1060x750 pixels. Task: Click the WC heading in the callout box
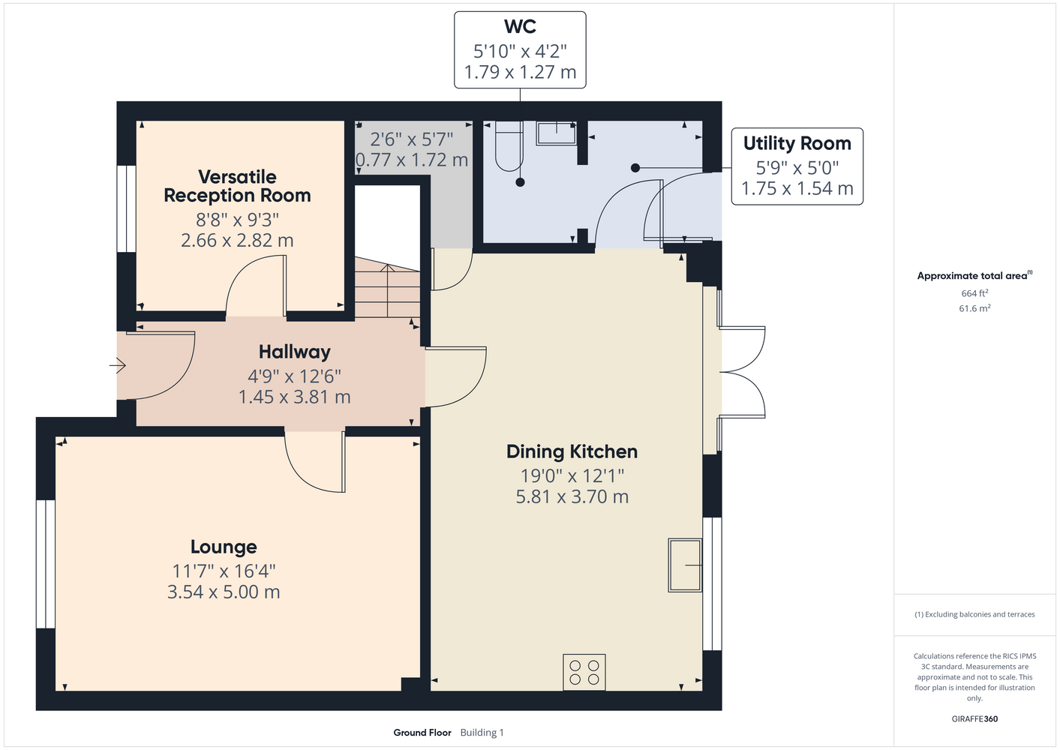520,26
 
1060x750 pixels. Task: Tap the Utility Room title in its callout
797,143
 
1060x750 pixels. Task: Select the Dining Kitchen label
572,451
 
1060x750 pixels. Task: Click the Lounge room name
224,547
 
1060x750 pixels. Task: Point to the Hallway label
294,352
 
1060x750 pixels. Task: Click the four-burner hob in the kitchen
584,672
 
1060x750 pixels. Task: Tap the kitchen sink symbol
685,565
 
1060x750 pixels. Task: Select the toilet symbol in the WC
509,145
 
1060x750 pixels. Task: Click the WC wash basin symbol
556,133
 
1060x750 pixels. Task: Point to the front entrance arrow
117,365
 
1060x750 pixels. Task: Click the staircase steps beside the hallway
388,287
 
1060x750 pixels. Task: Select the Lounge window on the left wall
46,564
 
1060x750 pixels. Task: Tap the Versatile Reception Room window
126,208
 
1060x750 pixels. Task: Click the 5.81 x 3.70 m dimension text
572,496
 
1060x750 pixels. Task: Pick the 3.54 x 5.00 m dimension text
224,592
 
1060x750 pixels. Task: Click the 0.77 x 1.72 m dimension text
412,160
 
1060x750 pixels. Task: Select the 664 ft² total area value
974,293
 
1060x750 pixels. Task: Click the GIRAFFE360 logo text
974,718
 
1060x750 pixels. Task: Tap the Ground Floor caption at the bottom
422,733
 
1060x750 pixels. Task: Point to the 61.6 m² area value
974,308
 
